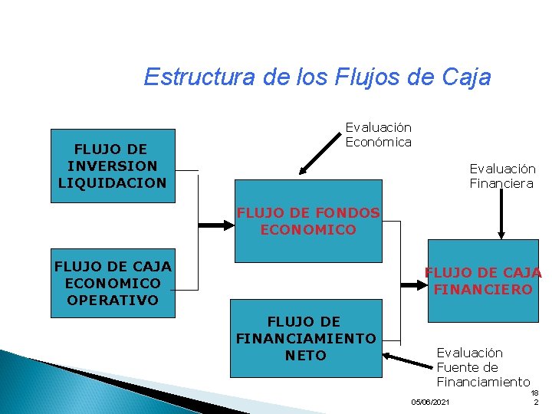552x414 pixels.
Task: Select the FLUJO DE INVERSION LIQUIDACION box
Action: [112, 166]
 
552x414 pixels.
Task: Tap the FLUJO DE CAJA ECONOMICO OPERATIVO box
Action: [112, 283]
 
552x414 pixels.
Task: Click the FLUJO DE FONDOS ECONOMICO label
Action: [308, 221]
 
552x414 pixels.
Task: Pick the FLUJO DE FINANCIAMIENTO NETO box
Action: [306, 338]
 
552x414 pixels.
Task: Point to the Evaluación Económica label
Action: [378, 135]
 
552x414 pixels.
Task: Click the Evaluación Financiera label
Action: [502, 176]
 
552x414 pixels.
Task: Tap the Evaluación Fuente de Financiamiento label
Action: [483, 367]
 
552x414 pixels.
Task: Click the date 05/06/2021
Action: [431, 402]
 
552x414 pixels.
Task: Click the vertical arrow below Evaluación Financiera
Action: [501, 215]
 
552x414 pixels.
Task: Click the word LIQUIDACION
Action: [112, 182]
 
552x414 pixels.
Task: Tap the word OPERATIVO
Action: [112, 300]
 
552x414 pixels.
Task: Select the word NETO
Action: [305, 355]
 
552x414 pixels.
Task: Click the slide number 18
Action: [534, 393]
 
